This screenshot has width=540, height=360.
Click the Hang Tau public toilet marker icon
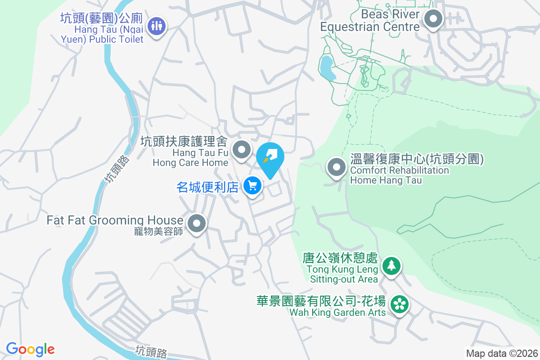coord(157,25)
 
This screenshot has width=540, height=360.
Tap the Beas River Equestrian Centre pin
coord(434,19)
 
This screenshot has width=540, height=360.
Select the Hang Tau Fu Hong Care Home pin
coord(242,149)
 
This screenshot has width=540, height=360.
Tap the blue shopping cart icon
coord(252,185)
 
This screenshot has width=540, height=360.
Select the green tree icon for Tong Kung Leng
coord(391,265)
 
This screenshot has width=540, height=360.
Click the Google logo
coord(30,349)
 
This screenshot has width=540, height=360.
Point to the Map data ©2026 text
coord(502,354)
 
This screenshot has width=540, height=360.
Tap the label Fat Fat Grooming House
coord(114,220)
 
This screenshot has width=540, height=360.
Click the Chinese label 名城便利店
coord(207,187)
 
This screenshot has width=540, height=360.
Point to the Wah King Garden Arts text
coord(337,312)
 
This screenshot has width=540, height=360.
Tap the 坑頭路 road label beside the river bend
coord(115,168)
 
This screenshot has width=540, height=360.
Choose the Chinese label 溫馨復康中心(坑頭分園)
coord(417,160)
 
